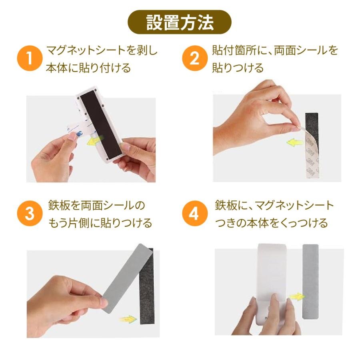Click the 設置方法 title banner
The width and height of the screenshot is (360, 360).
[x=179, y=22]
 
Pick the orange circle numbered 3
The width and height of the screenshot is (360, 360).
[x=30, y=213]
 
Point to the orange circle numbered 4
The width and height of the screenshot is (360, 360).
[x=195, y=213]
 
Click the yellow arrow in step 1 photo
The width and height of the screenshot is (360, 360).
[x=94, y=140]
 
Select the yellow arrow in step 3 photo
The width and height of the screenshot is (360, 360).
[x=128, y=319]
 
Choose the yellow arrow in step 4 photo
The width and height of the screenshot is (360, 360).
[x=297, y=297]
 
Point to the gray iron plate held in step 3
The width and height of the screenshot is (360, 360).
[x=128, y=278]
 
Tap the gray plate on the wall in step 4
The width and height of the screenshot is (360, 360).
[x=310, y=282]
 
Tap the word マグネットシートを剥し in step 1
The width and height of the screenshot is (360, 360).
[x=102, y=50]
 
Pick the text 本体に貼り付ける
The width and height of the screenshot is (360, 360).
[x=88, y=68]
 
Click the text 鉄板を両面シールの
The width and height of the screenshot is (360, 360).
[x=96, y=205]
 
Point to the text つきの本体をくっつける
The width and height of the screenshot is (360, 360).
[x=271, y=223]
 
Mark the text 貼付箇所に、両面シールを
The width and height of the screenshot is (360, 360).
[x=275, y=50]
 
